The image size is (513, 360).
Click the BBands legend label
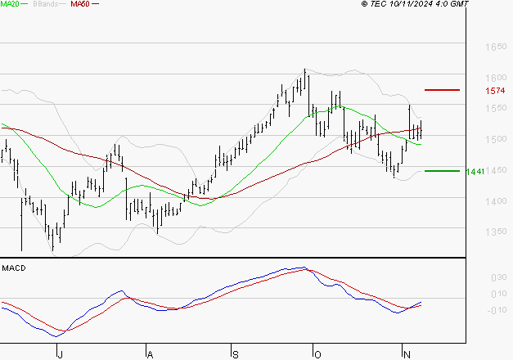click(x=45, y=4)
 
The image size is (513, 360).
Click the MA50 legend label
click(x=80, y=4)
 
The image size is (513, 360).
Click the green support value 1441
click(x=475, y=171)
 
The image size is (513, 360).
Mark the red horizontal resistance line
click(x=443, y=89)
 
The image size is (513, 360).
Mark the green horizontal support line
click(x=443, y=171)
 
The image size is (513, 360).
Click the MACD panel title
click(x=14, y=268)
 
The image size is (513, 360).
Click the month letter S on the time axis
click(x=235, y=353)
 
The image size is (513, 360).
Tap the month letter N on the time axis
click(x=406, y=353)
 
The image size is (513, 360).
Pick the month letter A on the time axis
click(x=149, y=353)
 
